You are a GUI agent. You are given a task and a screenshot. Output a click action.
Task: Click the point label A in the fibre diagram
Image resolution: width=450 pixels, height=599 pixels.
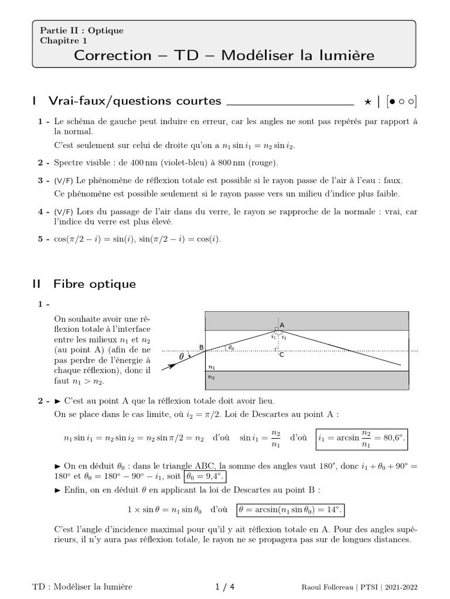282,325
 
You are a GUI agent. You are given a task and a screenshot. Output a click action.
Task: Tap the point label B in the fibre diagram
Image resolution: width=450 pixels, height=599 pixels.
202,347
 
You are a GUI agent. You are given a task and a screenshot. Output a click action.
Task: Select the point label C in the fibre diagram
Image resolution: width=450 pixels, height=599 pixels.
282,354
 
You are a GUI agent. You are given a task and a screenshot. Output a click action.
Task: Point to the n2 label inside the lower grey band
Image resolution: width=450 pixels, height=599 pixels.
212,377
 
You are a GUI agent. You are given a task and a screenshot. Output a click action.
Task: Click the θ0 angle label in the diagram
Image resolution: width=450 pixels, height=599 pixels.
231,347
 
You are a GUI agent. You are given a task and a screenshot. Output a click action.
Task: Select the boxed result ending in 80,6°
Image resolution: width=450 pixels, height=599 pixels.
362,438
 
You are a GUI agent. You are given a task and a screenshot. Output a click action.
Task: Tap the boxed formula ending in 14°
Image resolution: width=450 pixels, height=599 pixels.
290,510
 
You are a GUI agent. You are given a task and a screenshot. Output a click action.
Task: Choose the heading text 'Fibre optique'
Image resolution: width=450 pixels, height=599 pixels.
94,284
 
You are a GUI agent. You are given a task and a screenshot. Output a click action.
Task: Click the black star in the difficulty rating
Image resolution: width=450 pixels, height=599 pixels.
367,102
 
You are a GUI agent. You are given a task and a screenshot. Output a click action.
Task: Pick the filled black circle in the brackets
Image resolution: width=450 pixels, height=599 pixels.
391,102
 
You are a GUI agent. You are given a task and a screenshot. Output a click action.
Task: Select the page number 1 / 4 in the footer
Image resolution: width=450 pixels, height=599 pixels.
225,587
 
